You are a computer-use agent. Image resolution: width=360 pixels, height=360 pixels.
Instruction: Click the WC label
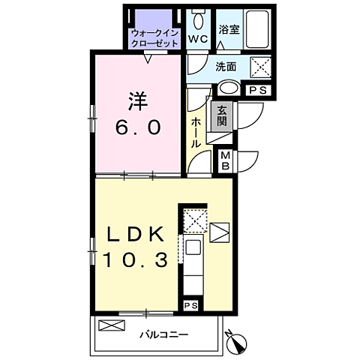click(198, 39)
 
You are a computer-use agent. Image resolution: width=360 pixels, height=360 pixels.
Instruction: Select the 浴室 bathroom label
click(229, 29)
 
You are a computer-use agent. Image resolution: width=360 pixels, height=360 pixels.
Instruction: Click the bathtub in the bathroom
click(257, 29)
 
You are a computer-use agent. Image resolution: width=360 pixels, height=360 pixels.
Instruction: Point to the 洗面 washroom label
click(226, 67)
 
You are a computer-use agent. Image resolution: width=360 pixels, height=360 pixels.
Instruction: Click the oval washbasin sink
click(229, 88)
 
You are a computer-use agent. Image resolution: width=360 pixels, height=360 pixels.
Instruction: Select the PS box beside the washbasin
click(258, 90)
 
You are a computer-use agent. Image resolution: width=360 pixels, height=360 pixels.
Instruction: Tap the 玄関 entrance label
click(221, 116)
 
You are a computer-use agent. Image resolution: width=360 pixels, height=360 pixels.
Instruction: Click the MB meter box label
click(226, 161)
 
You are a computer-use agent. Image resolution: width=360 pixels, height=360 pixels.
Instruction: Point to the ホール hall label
click(196, 133)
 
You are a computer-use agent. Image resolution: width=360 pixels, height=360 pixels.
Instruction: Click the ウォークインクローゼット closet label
click(154, 38)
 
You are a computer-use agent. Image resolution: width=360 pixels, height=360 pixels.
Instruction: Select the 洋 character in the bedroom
click(138, 101)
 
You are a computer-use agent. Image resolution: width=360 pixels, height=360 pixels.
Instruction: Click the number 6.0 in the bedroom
click(138, 127)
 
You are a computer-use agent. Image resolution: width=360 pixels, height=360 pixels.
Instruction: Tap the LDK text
click(135, 234)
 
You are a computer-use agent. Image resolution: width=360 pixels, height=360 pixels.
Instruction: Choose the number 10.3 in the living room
click(135, 259)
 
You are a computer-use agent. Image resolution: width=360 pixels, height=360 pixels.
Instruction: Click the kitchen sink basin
click(193, 247)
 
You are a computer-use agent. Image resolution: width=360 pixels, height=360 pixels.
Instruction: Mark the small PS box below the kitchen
click(191, 305)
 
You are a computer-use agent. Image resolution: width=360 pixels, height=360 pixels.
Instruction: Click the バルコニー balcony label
click(163, 334)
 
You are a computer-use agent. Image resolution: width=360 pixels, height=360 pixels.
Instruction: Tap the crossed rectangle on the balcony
click(112, 325)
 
